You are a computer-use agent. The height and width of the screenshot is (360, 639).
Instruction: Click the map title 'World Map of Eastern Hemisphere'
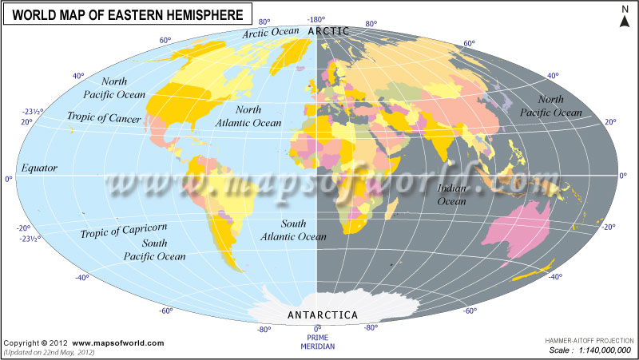pos(129,14)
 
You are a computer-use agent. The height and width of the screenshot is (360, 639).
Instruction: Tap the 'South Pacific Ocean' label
pos(153,249)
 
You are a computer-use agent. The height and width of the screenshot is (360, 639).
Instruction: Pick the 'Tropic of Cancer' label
pos(104,119)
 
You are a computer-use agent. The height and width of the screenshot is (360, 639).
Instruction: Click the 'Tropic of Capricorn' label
pos(123,231)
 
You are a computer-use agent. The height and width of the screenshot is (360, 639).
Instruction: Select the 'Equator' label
pos(38,168)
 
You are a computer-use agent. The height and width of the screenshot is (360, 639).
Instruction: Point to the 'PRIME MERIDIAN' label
pos(317,342)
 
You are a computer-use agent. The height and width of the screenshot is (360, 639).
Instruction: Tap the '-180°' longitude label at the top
pos(317,19)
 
